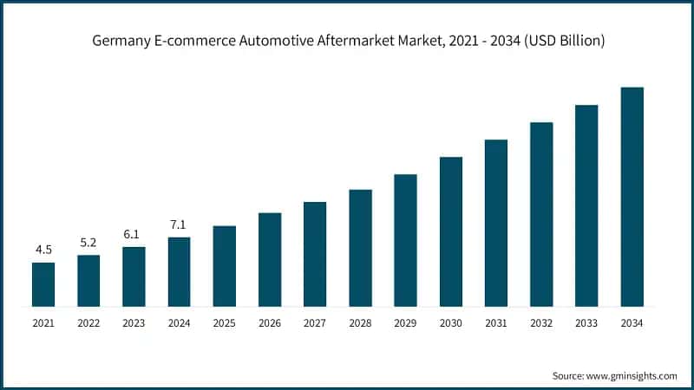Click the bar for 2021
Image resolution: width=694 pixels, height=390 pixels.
(x=43, y=284)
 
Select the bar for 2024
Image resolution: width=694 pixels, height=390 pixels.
(x=179, y=271)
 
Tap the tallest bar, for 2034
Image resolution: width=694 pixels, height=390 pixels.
(x=632, y=197)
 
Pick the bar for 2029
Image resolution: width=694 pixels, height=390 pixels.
(x=405, y=240)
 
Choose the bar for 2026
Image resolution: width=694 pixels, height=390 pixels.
(x=270, y=259)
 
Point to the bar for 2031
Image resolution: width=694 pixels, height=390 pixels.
(x=496, y=223)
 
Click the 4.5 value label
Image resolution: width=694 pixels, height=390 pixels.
(x=43, y=250)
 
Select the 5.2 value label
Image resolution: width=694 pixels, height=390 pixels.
(x=88, y=243)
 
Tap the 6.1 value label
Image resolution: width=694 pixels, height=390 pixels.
(x=134, y=235)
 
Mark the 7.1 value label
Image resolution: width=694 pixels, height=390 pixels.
(x=179, y=225)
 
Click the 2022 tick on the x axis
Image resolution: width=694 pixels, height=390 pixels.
(x=88, y=322)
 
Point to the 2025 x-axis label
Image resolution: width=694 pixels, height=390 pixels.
(x=224, y=322)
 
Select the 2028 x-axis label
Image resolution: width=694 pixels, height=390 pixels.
(x=360, y=322)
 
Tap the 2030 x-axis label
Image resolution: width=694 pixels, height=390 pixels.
(x=450, y=322)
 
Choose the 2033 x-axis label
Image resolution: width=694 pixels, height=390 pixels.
(x=586, y=322)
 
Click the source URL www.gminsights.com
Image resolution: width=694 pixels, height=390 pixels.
(x=632, y=376)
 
